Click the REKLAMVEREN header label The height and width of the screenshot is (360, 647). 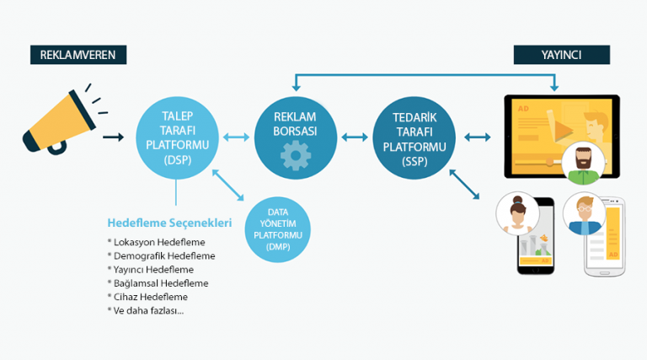[x=78, y=56]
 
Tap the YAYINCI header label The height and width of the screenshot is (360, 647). [x=562, y=55]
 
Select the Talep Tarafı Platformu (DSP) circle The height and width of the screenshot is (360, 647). [x=176, y=135]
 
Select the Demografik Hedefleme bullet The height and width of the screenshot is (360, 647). [x=161, y=255]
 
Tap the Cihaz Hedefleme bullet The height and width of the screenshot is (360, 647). [x=147, y=297]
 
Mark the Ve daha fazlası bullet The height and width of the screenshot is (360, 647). [x=144, y=310]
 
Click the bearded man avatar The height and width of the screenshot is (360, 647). [x=582, y=163]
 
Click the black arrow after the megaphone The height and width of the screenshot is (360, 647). [x=113, y=135]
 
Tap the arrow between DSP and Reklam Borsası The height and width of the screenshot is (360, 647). [x=236, y=135]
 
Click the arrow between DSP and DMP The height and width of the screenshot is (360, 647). [x=228, y=185]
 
